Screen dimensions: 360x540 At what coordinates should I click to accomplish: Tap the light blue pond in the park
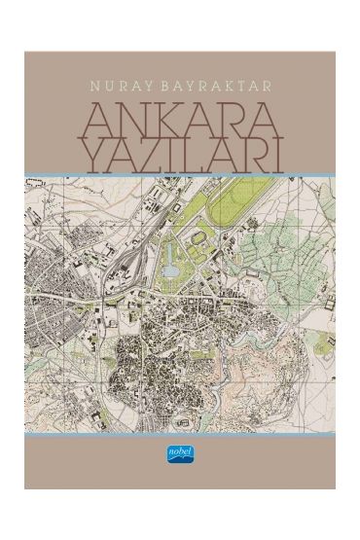point(168,256)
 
